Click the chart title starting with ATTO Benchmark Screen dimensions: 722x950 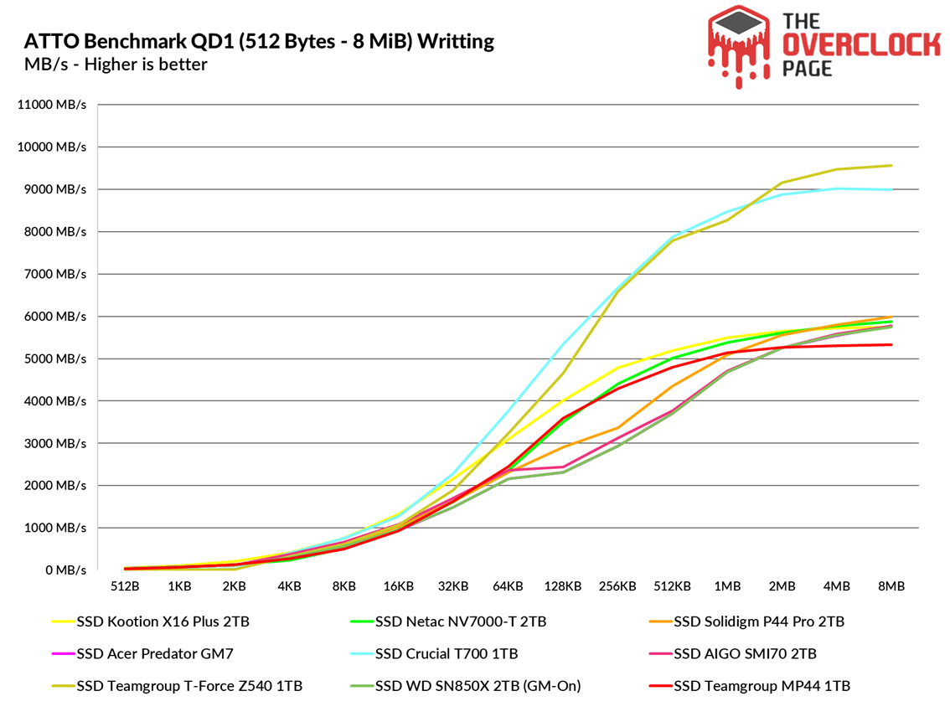(x=259, y=41)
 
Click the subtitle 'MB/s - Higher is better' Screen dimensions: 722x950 (x=116, y=64)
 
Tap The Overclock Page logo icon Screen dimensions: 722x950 (x=739, y=46)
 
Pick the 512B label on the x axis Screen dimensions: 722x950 (x=124, y=586)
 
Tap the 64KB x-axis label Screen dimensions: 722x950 (x=508, y=586)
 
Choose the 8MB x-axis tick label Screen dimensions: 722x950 (x=891, y=586)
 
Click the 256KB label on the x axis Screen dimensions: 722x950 (x=617, y=586)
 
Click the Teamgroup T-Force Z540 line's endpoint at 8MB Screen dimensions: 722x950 (x=891, y=165)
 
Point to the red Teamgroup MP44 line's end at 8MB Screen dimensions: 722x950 (x=891, y=344)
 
